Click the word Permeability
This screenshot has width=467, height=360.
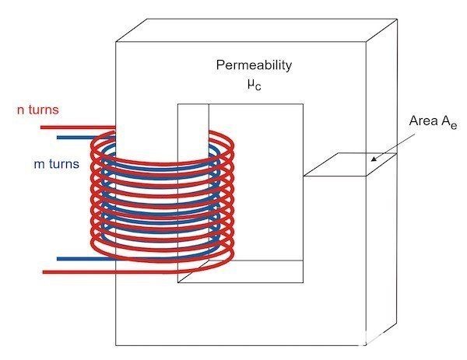click(x=254, y=65)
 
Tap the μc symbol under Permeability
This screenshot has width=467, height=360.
click(x=254, y=85)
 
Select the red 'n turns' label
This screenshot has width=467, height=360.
click(x=38, y=110)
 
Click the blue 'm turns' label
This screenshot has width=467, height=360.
click(x=57, y=164)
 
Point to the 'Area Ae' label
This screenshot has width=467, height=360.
click(x=433, y=122)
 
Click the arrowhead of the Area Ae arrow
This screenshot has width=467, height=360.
click(x=374, y=159)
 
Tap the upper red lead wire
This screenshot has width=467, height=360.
click(x=78, y=128)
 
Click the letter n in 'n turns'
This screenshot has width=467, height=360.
click(x=20, y=110)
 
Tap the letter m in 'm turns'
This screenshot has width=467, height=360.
click(x=39, y=165)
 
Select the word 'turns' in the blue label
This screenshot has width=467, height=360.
click(x=64, y=164)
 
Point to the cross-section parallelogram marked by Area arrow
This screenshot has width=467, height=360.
click(x=350, y=165)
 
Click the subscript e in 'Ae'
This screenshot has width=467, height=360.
click(x=454, y=126)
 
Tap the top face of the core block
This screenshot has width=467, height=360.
click(x=256, y=30)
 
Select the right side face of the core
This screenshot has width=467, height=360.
click(x=381, y=181)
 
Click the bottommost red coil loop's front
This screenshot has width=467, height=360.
click(x=161, y=260)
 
